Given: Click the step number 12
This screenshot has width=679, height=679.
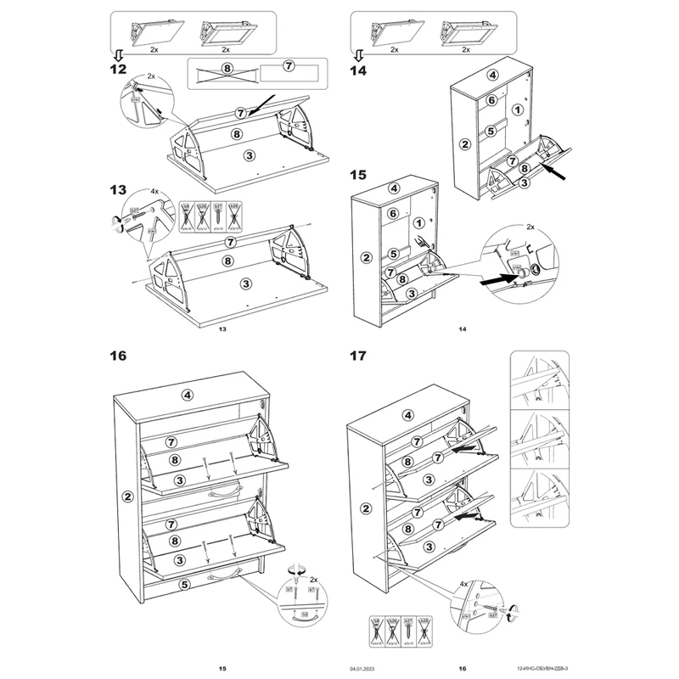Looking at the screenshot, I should [x=119, y=69].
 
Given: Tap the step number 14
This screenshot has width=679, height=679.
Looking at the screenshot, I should [x=357, y=71].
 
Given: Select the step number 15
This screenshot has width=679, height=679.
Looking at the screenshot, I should [x=357, y=176].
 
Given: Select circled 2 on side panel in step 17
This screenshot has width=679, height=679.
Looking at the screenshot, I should [x=366, y=508].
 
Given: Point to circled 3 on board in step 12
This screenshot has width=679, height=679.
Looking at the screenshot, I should [x=248, y=154].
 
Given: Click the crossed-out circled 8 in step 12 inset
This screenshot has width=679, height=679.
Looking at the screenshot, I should [x=227, y=68].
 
